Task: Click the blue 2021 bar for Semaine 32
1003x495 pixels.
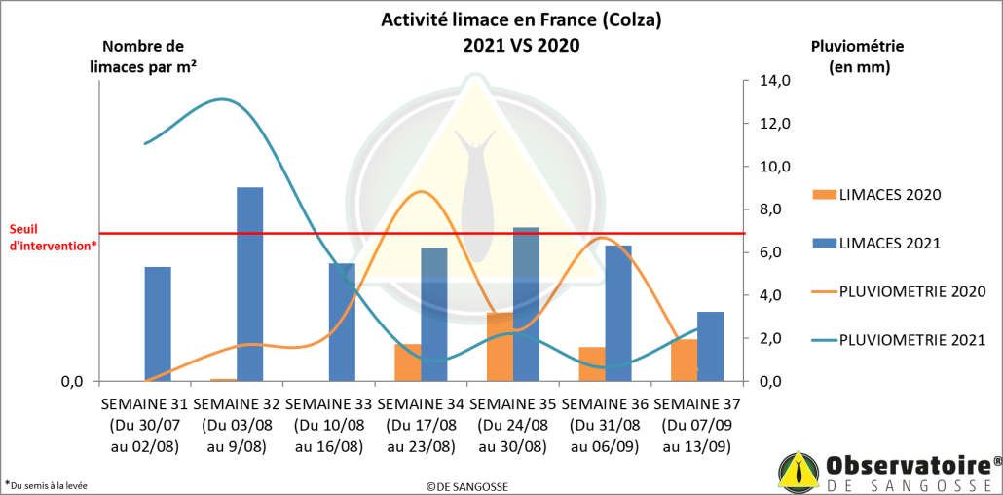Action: pyautogui.click(x=250, y=284)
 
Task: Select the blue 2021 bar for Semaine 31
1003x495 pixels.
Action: pyautogui.click(x=158, y=324)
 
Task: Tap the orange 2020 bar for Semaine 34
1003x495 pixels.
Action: pyautogui.click(x=408, y=362)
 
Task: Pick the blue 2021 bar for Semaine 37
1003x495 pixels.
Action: pyautogui.click(x=711, y=346)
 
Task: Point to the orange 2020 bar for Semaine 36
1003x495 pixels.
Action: pyautogui.click(x=591, y=363)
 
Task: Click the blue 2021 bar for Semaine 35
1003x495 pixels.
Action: pyautogui.click(x=526, y=304)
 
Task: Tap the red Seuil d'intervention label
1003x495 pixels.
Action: pyautogui.click(x=53, y=238)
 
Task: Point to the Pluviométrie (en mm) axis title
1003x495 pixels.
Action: pyautogui.click(x=858, y=57)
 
